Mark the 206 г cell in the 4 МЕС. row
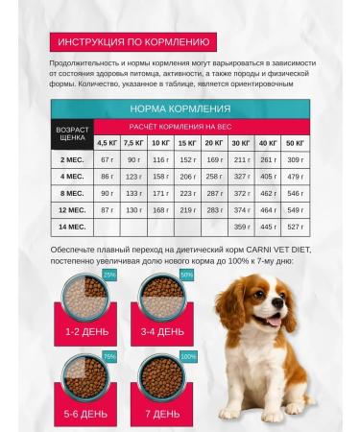187,177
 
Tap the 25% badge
108,276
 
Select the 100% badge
188,356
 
